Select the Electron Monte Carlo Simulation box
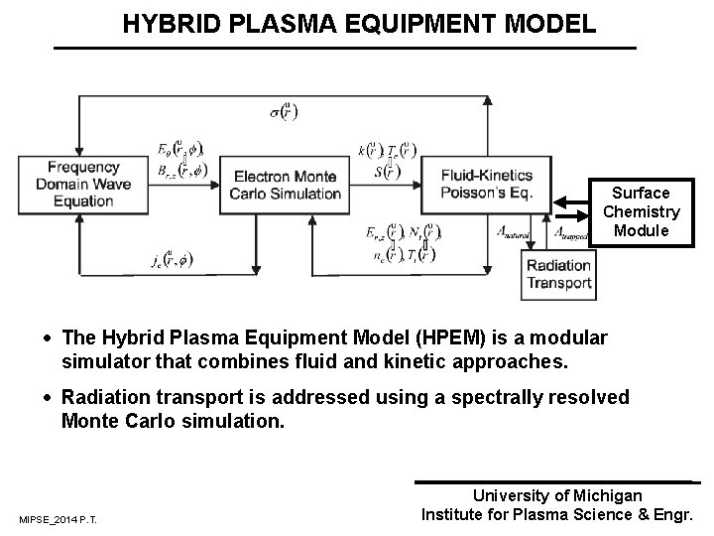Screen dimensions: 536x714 click(x=286, y=185)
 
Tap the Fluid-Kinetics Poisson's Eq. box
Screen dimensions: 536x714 click(x=486, y=185)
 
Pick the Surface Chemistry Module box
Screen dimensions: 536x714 click(x=641, y=211)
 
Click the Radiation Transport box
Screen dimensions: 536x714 click(x=558, y=275)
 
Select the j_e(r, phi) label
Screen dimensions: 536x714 click(x=174, y=261)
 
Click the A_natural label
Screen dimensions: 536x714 click(x=514, y=233)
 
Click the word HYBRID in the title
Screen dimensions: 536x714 click(x=163, y=23)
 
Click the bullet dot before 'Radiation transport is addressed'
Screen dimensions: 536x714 click(x=50, y=398)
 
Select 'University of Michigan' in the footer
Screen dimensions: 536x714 click(x=557, y=495)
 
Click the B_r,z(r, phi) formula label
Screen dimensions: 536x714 click(x=180, y=170)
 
